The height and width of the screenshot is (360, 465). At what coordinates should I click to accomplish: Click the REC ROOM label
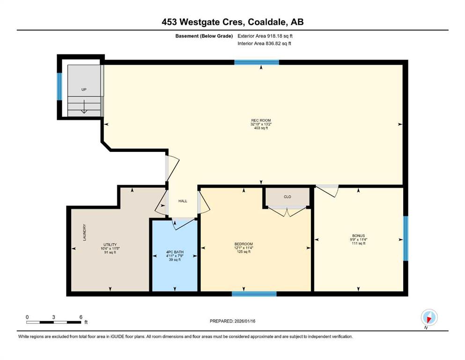(x=261, y=120)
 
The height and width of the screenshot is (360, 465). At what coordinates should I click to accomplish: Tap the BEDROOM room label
(x=244, y=244)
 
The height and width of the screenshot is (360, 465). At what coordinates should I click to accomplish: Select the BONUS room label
(x=358, y=236)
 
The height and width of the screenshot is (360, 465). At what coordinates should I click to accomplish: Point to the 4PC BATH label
(x=175, y=252)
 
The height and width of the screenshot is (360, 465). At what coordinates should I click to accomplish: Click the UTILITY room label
(x=110, y=245)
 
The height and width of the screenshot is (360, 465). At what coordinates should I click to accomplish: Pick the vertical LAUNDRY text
(x=84, y=232)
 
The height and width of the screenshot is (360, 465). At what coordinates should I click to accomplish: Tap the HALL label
(x=183, y=201)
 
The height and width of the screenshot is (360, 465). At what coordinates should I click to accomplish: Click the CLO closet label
(x=288, y=197)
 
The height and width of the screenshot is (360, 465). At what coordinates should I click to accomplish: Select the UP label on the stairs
(x=84, y=90)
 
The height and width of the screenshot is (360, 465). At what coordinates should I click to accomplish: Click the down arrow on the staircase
(x=84, y=106)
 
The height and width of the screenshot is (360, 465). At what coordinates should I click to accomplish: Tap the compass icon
(x=429, y=318)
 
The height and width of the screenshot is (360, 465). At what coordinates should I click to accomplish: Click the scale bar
(x=53, y=322)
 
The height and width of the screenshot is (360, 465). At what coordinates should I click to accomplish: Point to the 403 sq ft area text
(x=261, y=128)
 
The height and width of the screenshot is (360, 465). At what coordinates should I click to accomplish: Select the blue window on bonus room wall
(x=406, y=238)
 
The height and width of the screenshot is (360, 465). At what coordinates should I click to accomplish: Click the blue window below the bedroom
(x=254, y=294)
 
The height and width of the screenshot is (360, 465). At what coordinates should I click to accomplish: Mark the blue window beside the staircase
(x=59, y=86)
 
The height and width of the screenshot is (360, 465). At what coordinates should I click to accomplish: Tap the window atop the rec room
(x=257, y=62)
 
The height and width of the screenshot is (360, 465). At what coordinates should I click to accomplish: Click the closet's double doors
(x=288, y=211)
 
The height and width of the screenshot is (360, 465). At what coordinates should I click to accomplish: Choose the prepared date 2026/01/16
(x=244, y=321)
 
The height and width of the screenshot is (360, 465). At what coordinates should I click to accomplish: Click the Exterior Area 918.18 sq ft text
(x=265, y=36)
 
